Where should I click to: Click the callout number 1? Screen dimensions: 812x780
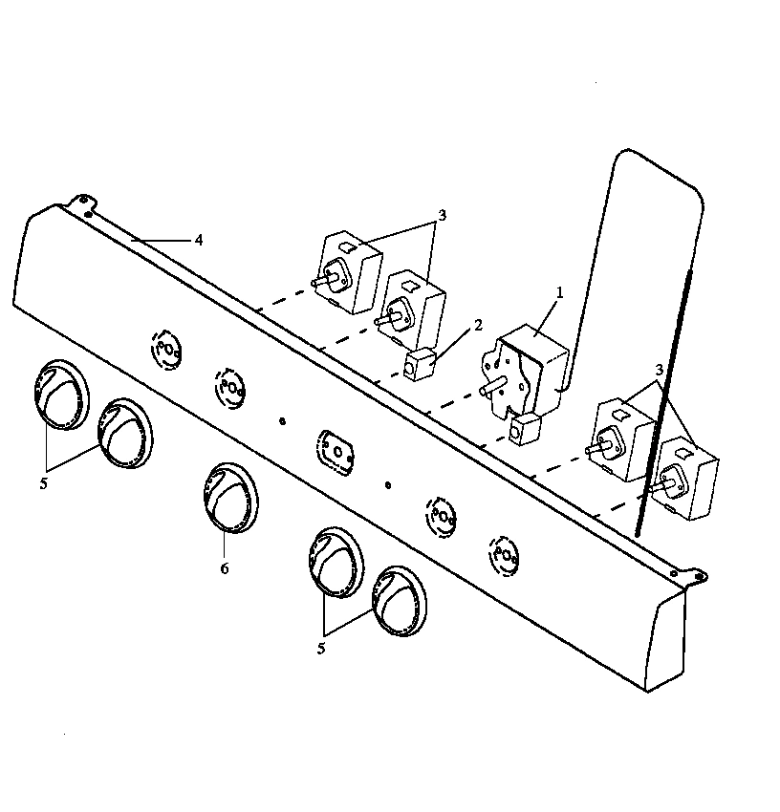point(560,291)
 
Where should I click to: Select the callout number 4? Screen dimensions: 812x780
point(199,240)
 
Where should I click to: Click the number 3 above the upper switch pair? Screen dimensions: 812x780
point(441,215)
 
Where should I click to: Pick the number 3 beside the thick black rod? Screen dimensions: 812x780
point(660,368)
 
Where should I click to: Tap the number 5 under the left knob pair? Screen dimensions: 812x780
point(44,482)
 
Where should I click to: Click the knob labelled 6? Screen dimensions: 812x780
point(228,498)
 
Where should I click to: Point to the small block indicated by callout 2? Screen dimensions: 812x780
point(419,365)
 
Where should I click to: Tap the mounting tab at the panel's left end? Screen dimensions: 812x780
point(84,202)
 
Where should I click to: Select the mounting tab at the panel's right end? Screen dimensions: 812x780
point(696,575)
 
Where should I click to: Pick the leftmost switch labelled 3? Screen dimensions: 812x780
point(350,271)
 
